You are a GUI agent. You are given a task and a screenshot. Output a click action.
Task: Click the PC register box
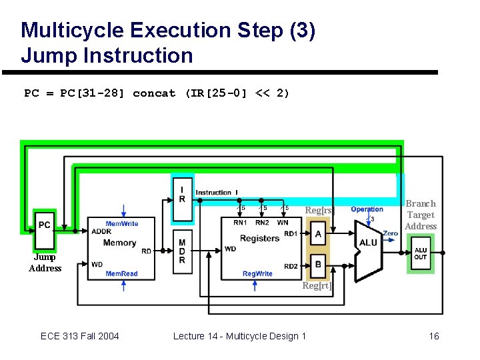[45, 225]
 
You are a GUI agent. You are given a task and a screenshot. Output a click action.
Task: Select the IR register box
[182, 195]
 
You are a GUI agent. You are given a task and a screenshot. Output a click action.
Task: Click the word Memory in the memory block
[120, 243]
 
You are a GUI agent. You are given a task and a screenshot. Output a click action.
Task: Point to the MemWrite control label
[122, 224]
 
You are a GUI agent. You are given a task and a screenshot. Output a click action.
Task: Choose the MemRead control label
[122, 273]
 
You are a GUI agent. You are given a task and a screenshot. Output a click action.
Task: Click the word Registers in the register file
[259, 239]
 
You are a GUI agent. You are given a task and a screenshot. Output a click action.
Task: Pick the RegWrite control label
[257, 273]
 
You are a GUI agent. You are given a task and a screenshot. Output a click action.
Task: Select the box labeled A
[319, 234]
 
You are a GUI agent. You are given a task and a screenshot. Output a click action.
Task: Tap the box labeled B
[319, 265]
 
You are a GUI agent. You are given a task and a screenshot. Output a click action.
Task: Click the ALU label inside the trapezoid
[368, 243]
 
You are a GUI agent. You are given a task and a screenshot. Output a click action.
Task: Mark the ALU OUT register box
[420, 254]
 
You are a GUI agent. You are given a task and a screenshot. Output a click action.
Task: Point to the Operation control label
[367, 209]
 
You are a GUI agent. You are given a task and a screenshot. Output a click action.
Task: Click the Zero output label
[390, 233]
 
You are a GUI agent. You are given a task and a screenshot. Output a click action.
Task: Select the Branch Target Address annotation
[421, 215]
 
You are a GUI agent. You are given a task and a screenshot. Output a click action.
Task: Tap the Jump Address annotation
[45, 263]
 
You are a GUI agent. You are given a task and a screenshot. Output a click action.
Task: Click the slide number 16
[434, 336]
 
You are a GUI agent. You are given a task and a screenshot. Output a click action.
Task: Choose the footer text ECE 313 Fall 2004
[80, 336]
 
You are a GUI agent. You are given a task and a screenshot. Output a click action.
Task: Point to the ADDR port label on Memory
[102, 231]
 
